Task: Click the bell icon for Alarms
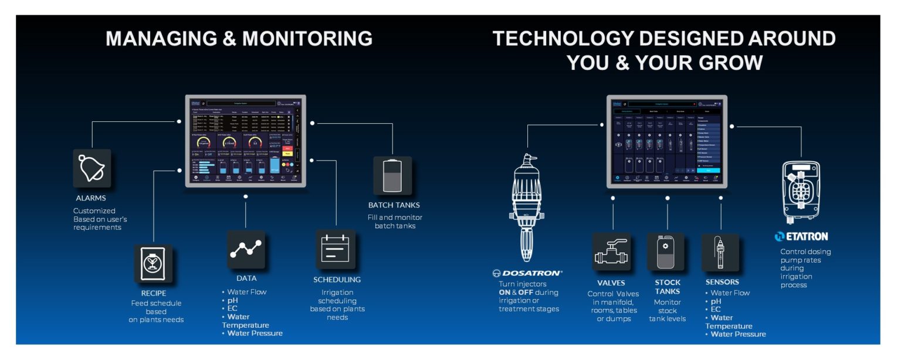click(x=92, y=168)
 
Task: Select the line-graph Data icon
click(x=246, y=250)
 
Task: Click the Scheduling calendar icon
click(x=336, y=249)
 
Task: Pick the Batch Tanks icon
click(x=392, y=175)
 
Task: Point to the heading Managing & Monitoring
click(x=239, y=39)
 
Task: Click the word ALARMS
click(x=91, y=198)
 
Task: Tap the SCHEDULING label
click(x=337, y=280)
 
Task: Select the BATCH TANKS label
click(x=394, y=205)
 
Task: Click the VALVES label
click(x=611, y=283)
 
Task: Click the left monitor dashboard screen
click(x=245, y=141)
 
